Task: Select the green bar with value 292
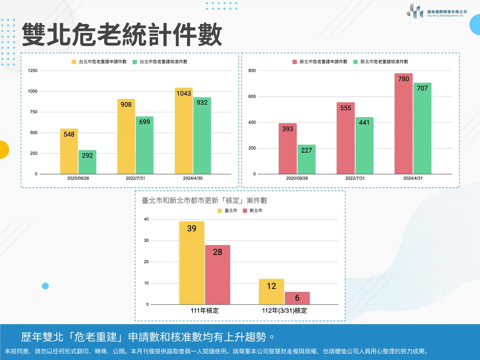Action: pyautogui.click(x=87, y=162)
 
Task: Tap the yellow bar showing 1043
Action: pyautogui.click(x=184, y=131)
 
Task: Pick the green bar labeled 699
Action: pyautogui.click(x=145, y=145)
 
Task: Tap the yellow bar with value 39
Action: pyautogui.click(x=192, y=263)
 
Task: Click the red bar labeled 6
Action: pyautogui.click(x=297, y=298)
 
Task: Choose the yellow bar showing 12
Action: pyautogui.click(x=271, y=292)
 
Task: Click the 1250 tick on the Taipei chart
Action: pyautogui.click(x=33, y=70)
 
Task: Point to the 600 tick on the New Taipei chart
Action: pyautogui.click(x=252, y=96)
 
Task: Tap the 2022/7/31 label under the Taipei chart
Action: pyautogui.click(x=135, y=178)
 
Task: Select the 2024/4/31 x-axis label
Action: pyautogui.click(x=413, y=178)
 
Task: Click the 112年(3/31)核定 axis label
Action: pyautogui.click(x=284, y=311)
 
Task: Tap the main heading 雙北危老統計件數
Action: pyautogui.click(x=122, y=35)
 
